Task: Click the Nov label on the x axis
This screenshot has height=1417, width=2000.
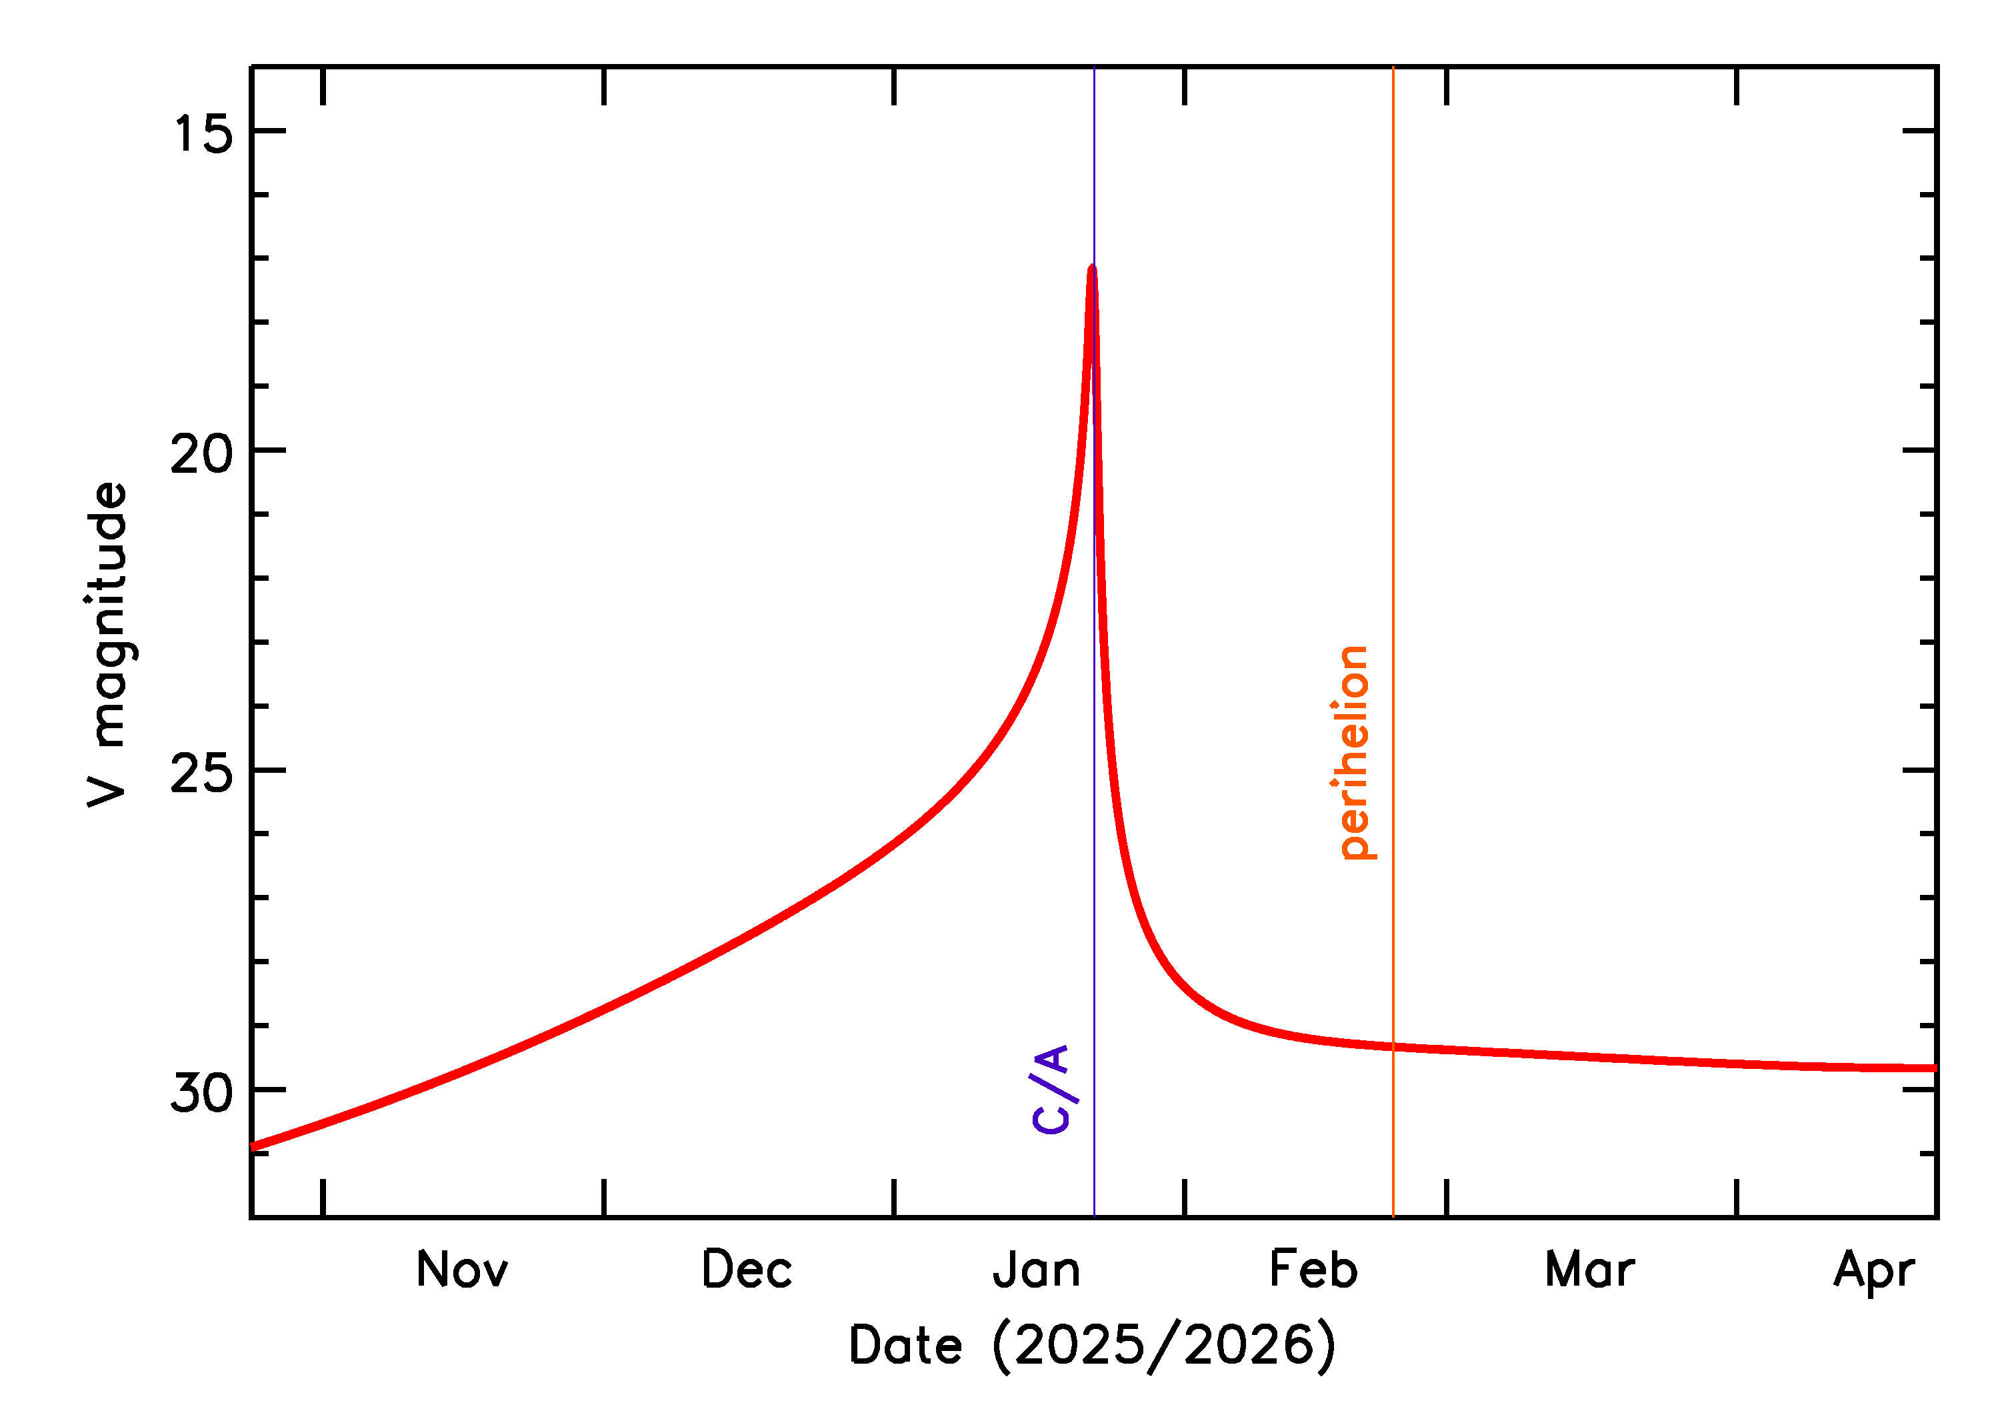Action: (461, 1270)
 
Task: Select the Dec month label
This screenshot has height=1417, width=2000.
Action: (747, 1270)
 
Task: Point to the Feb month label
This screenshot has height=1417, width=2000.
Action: (1313, 1270)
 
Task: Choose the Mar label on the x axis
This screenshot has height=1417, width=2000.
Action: (1589, 1270)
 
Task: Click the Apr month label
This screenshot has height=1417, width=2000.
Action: (1873, 1270)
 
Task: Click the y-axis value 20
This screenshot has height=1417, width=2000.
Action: (203, 453)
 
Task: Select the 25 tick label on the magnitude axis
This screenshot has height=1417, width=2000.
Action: (203, 773)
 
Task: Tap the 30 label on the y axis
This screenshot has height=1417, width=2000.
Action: (203, 1092)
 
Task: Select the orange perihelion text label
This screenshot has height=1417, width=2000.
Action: (1353, 753)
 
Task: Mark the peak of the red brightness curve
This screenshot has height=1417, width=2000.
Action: (1092, 268)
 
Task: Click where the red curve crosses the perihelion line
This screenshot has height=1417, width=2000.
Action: (1393, 1047)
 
